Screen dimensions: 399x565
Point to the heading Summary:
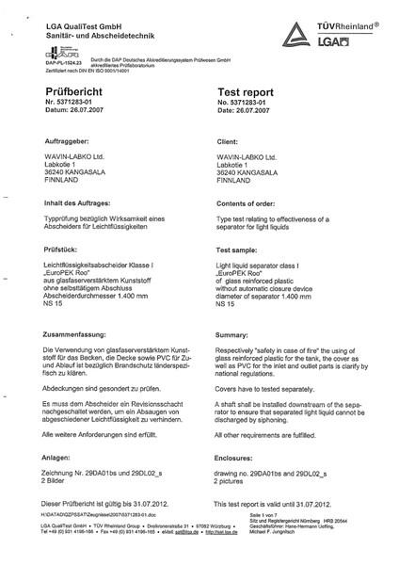[x=231, y=335]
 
